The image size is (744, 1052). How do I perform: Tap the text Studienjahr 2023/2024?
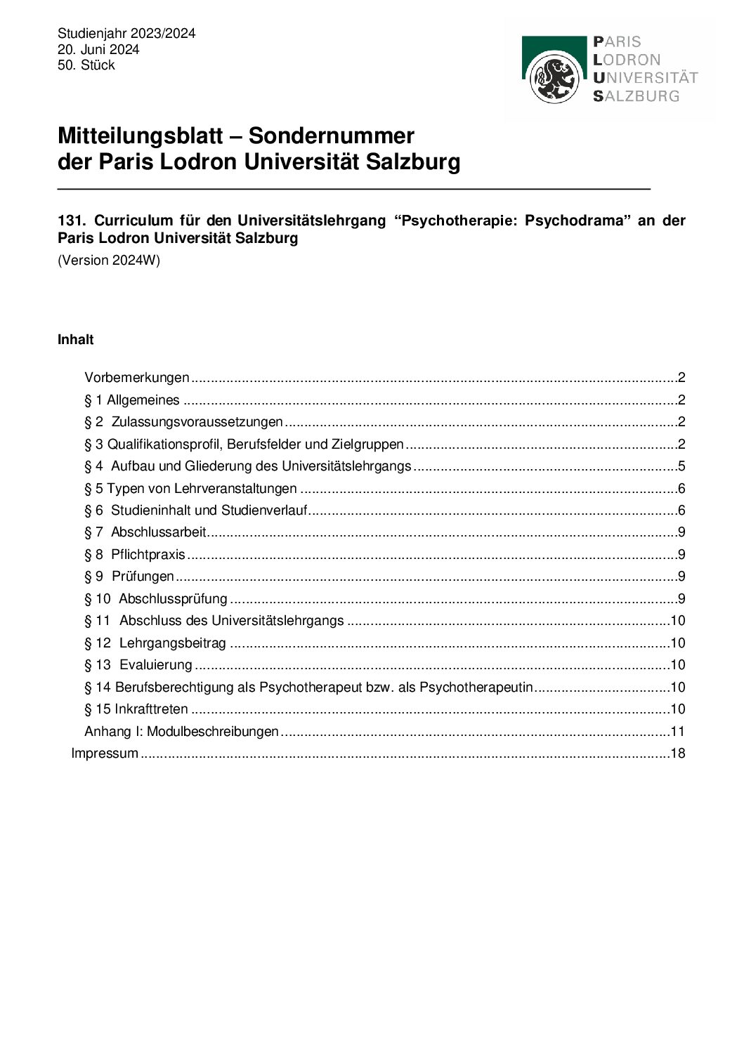click(x=126, y=34)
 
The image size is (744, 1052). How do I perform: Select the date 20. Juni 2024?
click(x=98, y=49)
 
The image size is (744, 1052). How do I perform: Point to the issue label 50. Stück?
click(x=86, y=65)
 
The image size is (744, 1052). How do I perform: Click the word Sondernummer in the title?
click(x=331, y=136)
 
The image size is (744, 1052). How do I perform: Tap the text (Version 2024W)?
click(x=109, y=261)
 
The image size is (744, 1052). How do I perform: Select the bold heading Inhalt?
click(x=75, y=340)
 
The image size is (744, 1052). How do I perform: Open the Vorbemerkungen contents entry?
click(x=137, y=378)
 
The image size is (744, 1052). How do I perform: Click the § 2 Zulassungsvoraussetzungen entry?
click(x=183, y=422)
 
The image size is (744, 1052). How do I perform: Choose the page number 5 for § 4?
click(x=681, y=466)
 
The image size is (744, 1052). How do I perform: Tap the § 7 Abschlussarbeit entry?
click(x=145, y=532)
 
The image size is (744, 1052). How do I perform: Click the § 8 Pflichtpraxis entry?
click(x=135, y=555)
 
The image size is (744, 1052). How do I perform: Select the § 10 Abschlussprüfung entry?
click(x=156, y=599)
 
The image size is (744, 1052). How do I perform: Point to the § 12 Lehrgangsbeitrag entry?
click(x=155, y=643)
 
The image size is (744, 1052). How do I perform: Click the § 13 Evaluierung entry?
click(x=138, y=665)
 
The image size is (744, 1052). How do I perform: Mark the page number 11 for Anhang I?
click(x=677, y=732)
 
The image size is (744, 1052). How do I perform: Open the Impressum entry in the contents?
click(x=105, y=754)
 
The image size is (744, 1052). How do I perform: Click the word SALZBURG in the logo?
click(x=637, y=96)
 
